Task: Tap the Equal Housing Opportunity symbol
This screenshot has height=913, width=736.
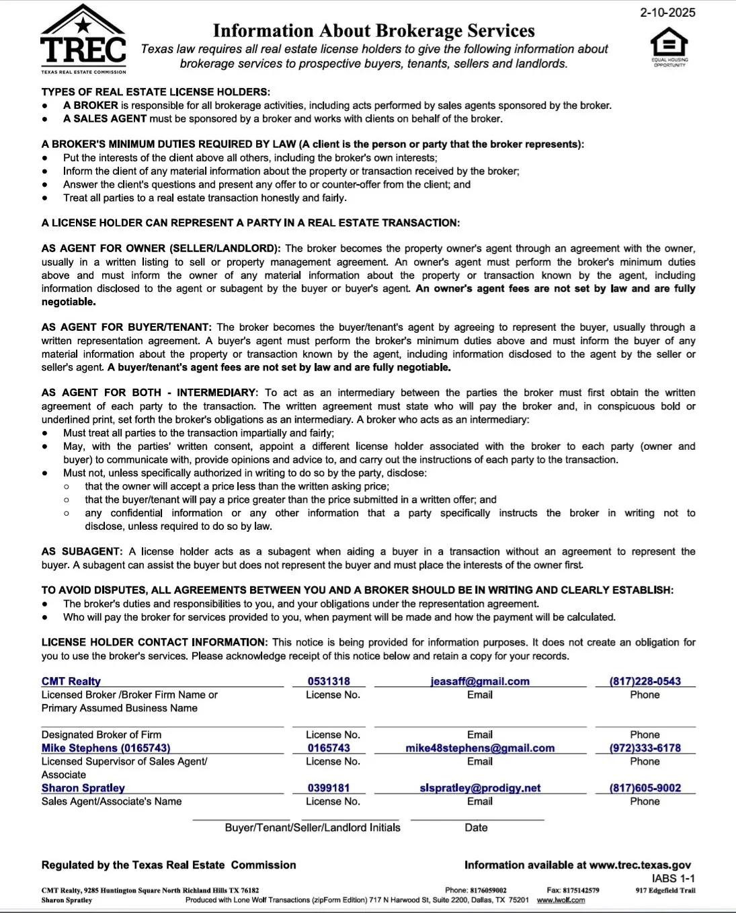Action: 669,46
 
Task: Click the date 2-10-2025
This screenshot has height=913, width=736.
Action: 667,13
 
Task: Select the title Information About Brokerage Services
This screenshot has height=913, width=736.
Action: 374,31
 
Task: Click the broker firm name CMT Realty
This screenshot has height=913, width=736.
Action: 71,681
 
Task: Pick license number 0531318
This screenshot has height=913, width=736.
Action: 329,681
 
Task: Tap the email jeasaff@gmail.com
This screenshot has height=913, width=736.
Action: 480,681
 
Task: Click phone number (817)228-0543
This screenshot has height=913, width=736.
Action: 645,681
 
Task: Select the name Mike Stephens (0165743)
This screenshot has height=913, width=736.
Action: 106,748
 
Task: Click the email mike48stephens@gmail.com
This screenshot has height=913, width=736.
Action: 480,748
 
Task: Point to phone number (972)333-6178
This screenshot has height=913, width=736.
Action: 645,748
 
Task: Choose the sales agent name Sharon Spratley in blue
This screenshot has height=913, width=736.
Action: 83,788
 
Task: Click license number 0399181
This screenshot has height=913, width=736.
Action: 329,788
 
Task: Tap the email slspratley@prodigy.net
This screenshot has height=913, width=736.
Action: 480,788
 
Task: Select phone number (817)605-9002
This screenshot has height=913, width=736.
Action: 645,788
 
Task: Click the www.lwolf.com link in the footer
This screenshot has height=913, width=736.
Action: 561,900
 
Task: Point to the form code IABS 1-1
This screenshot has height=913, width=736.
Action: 673,878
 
